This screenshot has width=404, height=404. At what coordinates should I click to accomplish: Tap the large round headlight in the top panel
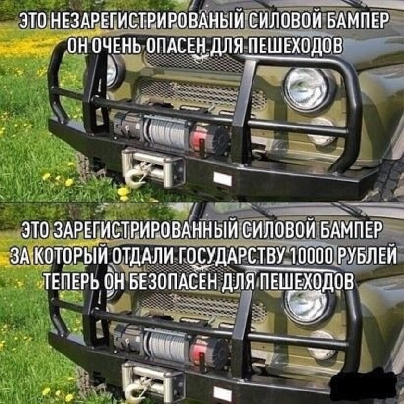(307, 88)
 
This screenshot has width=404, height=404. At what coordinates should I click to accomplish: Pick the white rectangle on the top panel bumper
(222, 179)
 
